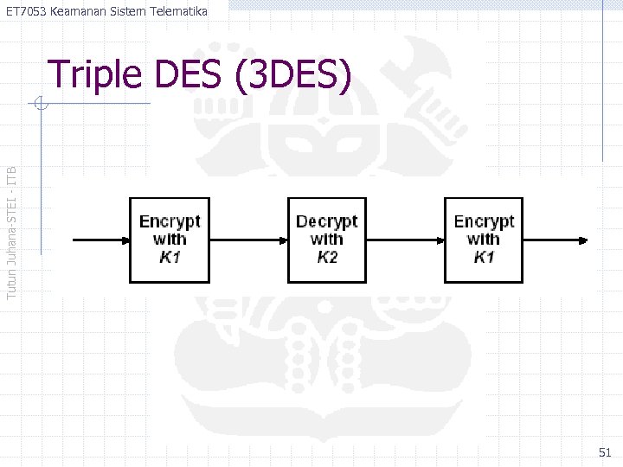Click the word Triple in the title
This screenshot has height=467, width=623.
pyautogui.click(x=95, y=76)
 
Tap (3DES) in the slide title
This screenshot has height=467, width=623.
pyautogui.click(x=292, y=76)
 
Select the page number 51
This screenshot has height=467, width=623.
pyautogui.click(x=604, y=452)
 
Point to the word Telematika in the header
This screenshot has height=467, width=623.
pyautogui.click(x=176, y=11)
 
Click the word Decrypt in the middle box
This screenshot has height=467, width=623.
pyautogui.click(x=326, y=222)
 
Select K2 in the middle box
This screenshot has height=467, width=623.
pyautogui.click(x=327, y=257)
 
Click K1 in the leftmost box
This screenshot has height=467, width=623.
pyautogui.click(x=170, y=257)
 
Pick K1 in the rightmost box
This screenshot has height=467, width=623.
pyautogui.click(x=484, y=257)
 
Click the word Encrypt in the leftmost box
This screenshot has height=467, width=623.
pyautogui.click(x=170, y=222)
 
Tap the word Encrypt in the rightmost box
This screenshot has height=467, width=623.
pyautogui.click(x=484, y=222)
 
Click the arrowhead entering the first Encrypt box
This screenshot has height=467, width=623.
pyautogui.click(x=123, y=240)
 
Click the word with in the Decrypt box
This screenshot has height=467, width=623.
pyautogui.click(x=326, y=240)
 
